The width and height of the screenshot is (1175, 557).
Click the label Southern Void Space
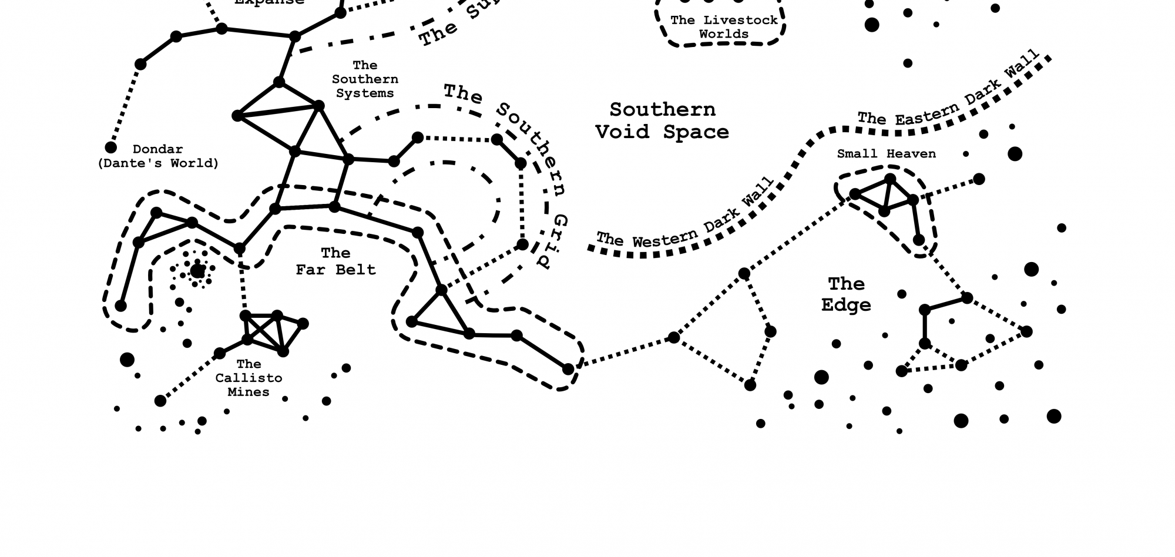tap(662, 120)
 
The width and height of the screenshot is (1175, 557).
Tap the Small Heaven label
tap(886, 154)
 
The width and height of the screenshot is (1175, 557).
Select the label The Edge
tap(846, 294)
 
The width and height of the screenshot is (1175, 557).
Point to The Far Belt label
tap(335, 261)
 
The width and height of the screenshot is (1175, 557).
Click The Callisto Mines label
tap(249, 378)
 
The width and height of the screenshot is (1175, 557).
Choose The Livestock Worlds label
tap(724, 27)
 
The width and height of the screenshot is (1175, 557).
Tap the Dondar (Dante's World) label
tap(157, 156)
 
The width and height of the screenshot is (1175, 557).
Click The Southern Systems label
tap(365, 79)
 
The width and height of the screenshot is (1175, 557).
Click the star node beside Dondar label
tap(110, 147)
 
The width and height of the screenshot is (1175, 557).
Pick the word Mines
tap(248, 392)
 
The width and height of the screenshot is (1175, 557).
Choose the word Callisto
tap(249, 378)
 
